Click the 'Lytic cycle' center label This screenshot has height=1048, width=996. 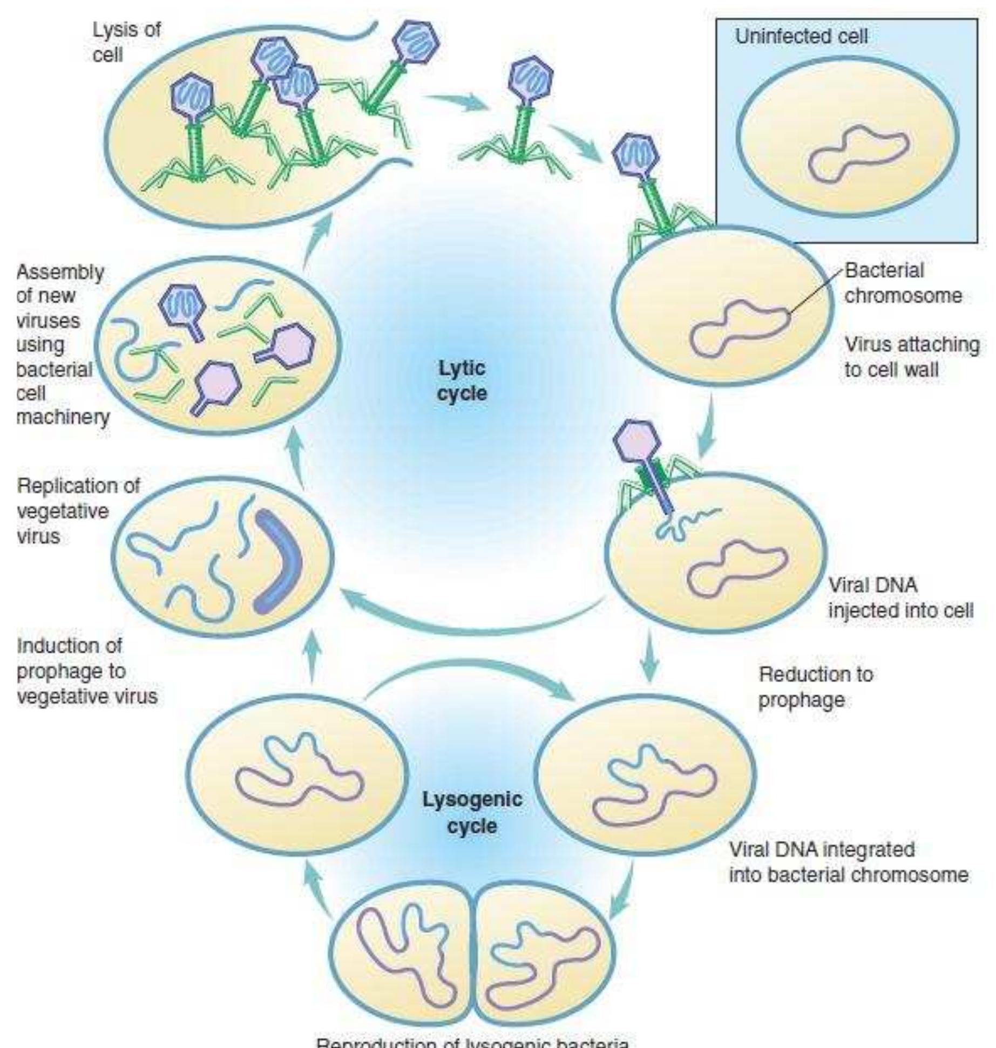[462, 380]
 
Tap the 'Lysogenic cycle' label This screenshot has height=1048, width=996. [472, 812]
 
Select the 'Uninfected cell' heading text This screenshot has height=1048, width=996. [801, 37]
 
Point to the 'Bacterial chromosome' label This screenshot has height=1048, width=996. [903, 283]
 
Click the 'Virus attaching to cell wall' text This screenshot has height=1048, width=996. [911, 357]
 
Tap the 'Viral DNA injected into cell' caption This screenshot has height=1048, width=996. [900, 598]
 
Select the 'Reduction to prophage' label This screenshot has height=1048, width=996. [815, 686]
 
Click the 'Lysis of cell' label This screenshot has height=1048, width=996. [126, 42]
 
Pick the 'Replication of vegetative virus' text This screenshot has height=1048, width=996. [78, 511]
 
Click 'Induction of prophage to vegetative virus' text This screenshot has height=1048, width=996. [86, 671]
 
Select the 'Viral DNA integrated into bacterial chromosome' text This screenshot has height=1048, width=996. [848, 862]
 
